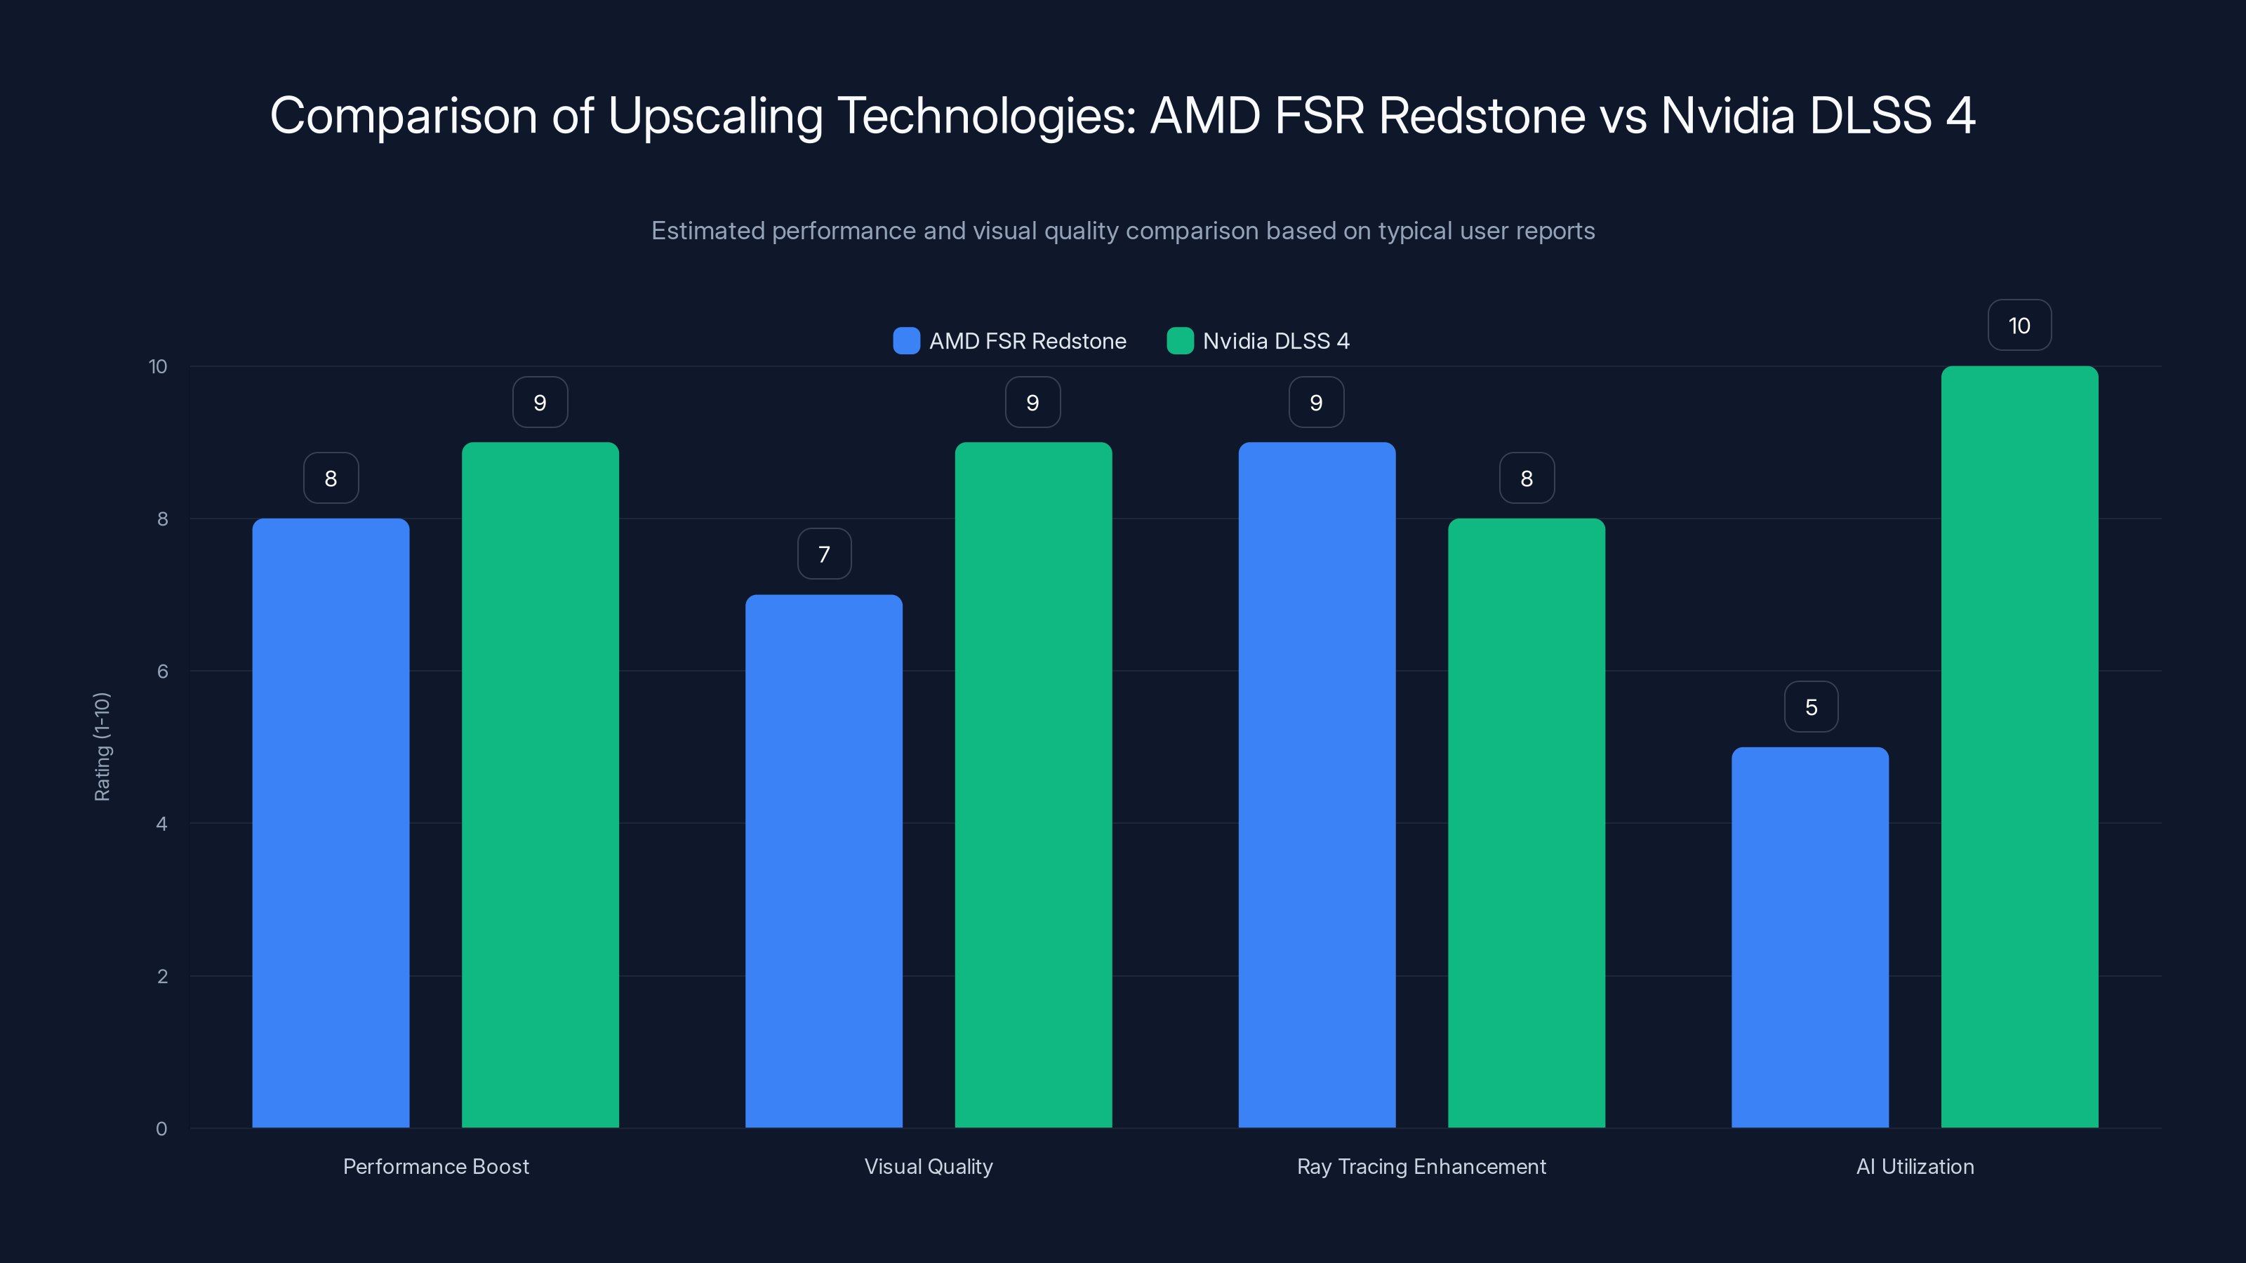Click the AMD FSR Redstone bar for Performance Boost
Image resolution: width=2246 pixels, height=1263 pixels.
[x=331, y=823]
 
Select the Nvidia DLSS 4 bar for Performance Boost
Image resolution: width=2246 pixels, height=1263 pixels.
[x=540, y=784]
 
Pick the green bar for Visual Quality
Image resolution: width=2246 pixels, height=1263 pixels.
[x=1033, y=784]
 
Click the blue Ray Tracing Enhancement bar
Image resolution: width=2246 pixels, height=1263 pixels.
[x=1317, y=784]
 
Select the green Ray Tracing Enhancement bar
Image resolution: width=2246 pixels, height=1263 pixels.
[x=1526, y=823]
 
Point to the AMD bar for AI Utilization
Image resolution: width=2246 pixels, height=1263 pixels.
[x=1810, y=937]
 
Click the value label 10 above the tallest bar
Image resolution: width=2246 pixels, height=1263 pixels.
[x=2019, y=325]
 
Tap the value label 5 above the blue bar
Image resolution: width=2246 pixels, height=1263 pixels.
[x=1811, y=707]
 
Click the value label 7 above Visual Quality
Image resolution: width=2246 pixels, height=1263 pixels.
[x=824, y=554]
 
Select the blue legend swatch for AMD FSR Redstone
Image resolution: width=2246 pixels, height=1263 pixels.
[x=906, y=341]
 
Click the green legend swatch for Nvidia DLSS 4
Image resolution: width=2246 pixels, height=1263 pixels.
[x=1180, y=341]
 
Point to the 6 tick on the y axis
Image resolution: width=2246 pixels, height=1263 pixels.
[x=162, y=671]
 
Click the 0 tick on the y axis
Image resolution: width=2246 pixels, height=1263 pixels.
[x=161, y=1129]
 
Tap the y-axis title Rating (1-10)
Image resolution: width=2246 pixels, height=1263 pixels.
[x=102, y=747]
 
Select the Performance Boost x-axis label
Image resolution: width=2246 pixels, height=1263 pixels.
[x=436, y=1166]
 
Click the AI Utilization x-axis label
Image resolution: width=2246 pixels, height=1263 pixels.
[x=1915, y=1166]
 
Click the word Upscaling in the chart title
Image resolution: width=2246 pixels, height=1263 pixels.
[x=715, y=116]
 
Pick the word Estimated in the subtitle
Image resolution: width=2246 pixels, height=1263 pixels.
[x=707, y=231]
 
